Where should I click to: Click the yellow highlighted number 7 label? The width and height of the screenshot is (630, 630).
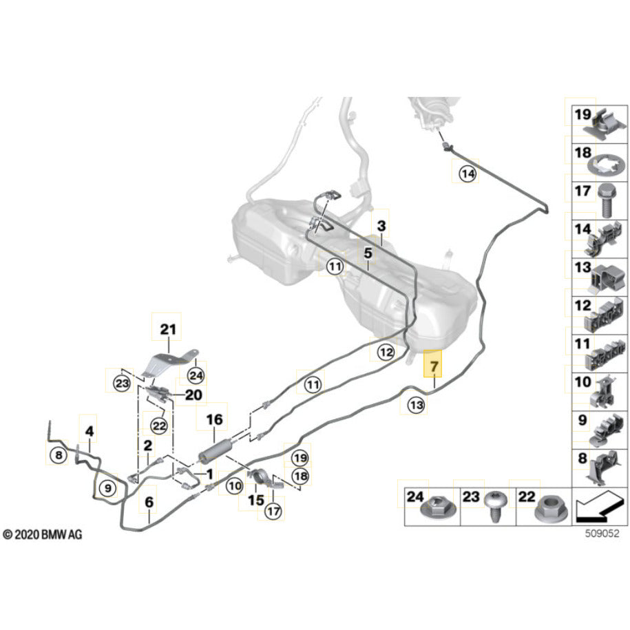click(x=434, y=367)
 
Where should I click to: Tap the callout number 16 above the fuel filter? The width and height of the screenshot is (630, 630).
click(x=215, y=419)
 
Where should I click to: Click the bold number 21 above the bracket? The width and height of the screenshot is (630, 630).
click(x=168, y=330)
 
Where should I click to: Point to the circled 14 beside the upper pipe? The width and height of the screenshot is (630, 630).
click(x=468, y=175)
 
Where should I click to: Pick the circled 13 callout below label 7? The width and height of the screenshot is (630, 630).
click(x=416, y=406)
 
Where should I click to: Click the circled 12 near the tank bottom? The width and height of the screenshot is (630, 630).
click(x=386, y=353)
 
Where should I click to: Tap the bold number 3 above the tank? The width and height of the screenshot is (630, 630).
click(x=381, y=225)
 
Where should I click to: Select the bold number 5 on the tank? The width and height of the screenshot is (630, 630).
click(x=368, y=253)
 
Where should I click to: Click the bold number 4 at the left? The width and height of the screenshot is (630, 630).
click(x=90, y=432)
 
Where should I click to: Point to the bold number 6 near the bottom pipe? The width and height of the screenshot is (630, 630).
click(x=149, y=503)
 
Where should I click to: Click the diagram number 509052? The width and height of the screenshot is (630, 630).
click(x=598, y=532)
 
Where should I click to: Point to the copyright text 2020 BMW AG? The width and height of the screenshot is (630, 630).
click(x=42, y=534)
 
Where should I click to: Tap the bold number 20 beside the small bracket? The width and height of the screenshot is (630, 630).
click(x=193, y=395)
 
